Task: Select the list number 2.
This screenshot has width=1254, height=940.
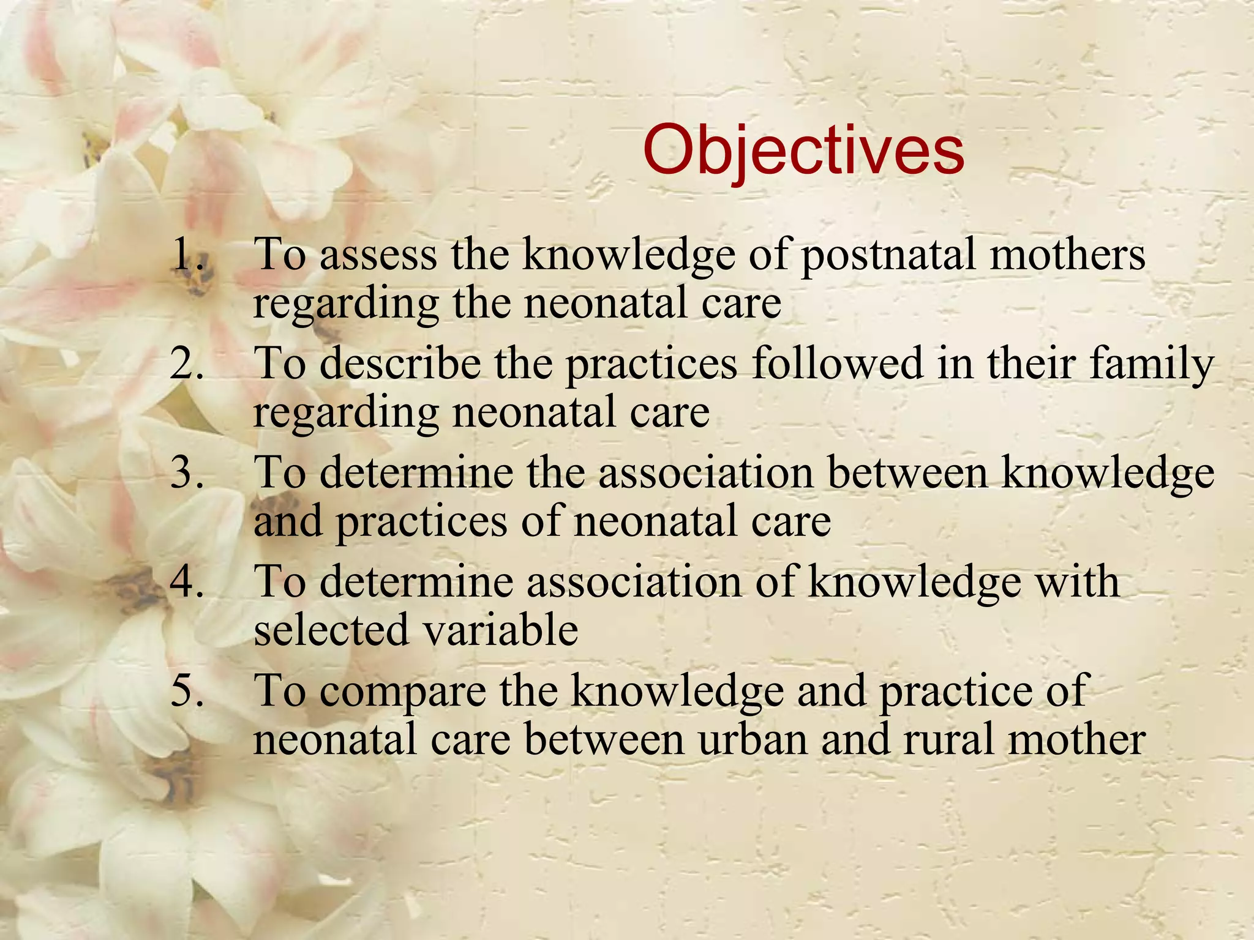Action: pyautogui.click(x=187, y=364)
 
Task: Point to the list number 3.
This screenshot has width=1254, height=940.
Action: pyautogui.click(x=187, y=472)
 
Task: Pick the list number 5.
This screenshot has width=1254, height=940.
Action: pyautogui.click(x=187, y=690)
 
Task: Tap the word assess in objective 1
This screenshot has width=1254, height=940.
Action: pyautogui.click(x=378, y=255)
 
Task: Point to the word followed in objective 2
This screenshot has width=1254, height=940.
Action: pyautogui.click(x=836, y=364)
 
